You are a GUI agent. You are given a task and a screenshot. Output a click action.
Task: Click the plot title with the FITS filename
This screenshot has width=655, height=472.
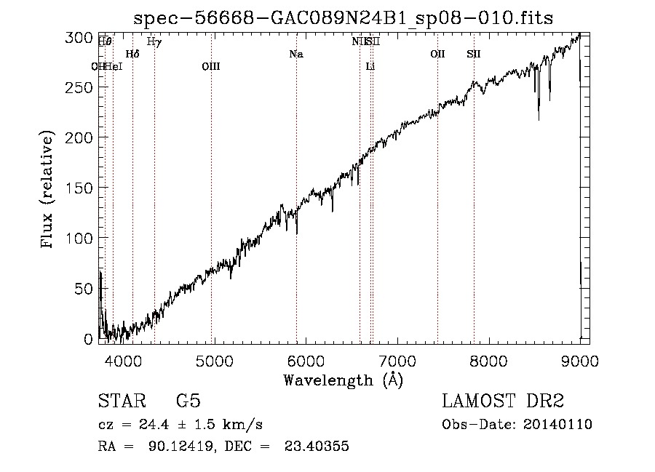343,18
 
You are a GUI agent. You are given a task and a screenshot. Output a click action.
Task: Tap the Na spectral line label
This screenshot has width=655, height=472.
296,54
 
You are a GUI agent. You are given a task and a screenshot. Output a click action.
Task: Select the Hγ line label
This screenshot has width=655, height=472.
154,42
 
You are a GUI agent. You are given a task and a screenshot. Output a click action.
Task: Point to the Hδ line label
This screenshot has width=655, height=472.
132,54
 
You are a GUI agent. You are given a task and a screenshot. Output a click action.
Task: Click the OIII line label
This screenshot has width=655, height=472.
211,66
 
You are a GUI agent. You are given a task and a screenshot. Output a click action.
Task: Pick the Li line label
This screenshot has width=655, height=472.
370,66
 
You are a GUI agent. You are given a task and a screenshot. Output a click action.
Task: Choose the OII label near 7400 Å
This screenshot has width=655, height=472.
437,54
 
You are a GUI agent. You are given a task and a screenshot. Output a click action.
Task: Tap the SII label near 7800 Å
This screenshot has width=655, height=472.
474,54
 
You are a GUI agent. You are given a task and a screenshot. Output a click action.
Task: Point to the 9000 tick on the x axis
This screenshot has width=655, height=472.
580,359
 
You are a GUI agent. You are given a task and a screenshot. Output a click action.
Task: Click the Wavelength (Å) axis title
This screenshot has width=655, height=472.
343,379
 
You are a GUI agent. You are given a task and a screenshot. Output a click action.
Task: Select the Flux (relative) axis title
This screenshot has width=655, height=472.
49,190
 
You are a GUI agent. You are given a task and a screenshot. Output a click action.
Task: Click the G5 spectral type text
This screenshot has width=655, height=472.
188,401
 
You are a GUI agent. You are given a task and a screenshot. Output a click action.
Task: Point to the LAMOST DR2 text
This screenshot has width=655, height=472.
504,401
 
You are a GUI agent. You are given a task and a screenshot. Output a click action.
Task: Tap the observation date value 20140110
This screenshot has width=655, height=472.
557,425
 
